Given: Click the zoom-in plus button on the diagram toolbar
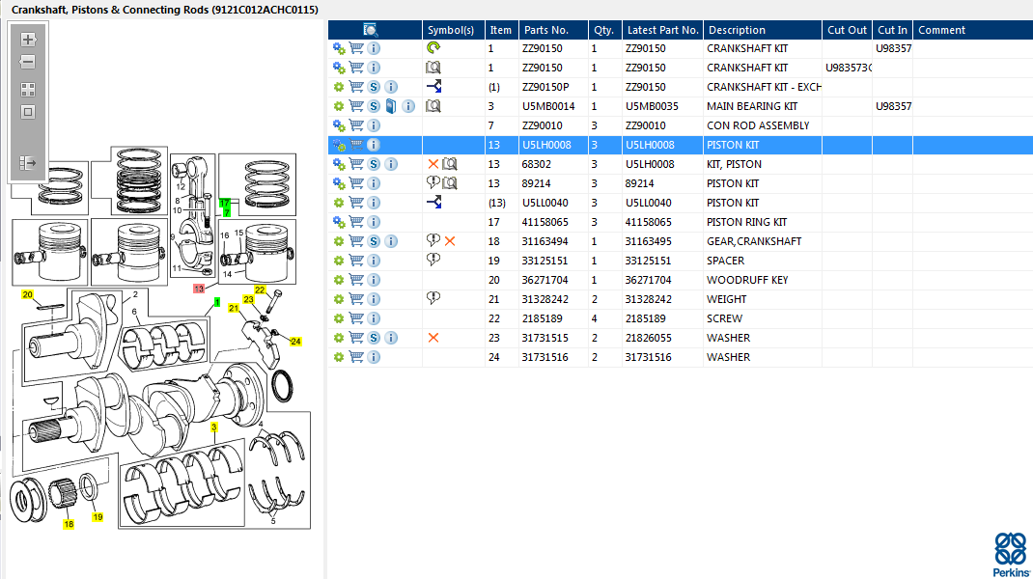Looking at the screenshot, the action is point(28,40).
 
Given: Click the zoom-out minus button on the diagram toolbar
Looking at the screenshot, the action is point(28,62).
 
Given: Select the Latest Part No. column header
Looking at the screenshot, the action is point(662,30).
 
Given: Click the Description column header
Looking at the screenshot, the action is point(737,30).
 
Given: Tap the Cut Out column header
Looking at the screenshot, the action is point(847,30).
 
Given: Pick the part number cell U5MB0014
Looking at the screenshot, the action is point(548,106).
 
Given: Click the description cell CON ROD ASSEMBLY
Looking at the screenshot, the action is point(758,125).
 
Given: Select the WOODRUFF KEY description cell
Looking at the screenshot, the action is point(747,280).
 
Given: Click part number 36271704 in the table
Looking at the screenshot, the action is point(544,280).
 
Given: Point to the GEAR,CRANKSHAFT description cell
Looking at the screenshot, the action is point(754,241).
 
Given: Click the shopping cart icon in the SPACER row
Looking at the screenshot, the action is point(356,261).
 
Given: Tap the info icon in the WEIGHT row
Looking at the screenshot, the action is point(374,299).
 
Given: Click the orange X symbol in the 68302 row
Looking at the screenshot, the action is point(433,164).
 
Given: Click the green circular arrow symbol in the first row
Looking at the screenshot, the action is point(433,47).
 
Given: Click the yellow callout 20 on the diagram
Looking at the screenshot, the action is point(27,294).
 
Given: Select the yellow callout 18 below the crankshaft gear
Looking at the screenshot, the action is point(69,524).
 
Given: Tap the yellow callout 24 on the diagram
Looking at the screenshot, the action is point(295,342).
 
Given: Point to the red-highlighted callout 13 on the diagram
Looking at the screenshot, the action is point(199,289).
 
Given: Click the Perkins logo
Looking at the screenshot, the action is point(1011,554).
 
